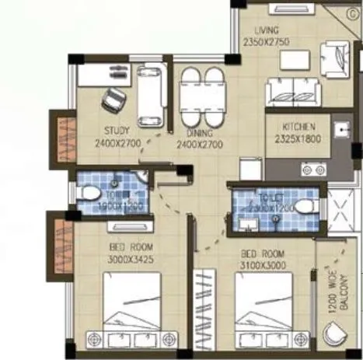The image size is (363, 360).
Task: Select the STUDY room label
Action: [117, 131]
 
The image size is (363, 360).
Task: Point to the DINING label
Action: [200, 132]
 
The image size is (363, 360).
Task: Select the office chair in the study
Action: [114, 100]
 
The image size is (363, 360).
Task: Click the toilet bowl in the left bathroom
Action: [91, 191]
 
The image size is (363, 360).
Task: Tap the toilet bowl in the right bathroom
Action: [303, 207]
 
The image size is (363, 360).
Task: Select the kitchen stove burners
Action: [316, 169]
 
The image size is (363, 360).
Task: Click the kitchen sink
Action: [341, 129]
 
